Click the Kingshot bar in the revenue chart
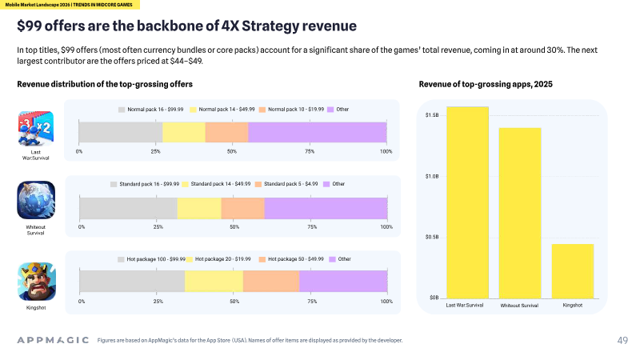point(573,271)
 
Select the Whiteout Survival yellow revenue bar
point(520,213)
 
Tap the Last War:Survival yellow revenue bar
point(467,202)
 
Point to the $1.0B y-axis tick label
point(432,176)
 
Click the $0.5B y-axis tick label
point(432,237)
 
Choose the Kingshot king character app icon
point(37,282)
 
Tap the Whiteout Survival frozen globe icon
point(36,200)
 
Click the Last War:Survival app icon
point(36,129)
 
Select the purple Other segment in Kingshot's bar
point(343,282)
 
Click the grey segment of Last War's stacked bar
point(121,132)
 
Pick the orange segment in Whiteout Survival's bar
point(243,208)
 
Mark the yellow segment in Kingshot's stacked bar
point(214,282)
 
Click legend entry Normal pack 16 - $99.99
point(150,110)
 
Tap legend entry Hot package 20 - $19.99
point(218,259)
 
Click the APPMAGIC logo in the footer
point(53,340)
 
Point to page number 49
point(622,341)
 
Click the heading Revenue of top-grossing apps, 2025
point(486,84)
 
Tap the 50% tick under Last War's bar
point(232,151)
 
